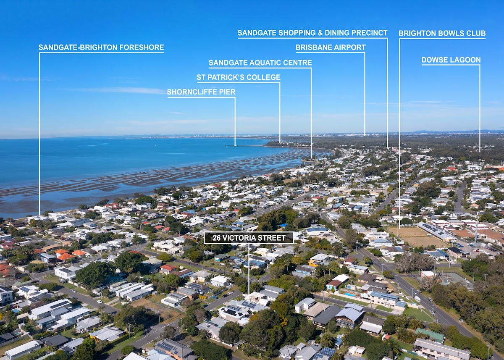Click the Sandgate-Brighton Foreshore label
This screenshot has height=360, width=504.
[101, 47]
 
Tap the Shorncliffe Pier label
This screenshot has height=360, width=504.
[201, 92]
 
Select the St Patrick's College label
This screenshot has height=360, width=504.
[238, 77]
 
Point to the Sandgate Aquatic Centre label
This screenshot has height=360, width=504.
[260, 63]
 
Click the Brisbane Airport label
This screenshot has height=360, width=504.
[330, 47]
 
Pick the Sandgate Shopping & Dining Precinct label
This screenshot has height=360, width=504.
[312, 33]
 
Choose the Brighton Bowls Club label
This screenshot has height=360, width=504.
[442, 33]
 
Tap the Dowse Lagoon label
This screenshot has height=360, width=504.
[451, 60]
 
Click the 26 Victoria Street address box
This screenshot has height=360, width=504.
[249, 238]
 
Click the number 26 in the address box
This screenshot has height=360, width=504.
[217, 238]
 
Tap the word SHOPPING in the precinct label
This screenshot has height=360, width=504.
[291, 33]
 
